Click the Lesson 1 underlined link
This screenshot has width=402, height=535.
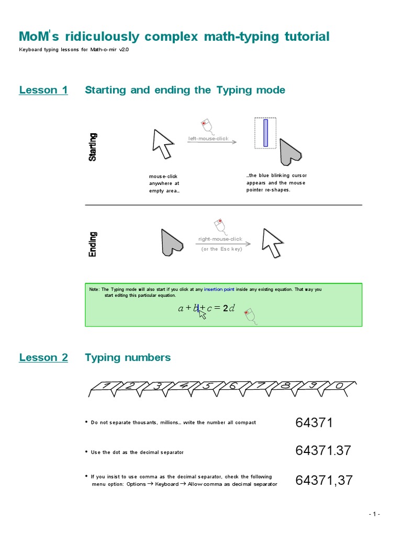coord(43,90)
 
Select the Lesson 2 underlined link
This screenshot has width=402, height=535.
coord(43,357)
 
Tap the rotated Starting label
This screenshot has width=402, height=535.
coord(93,147)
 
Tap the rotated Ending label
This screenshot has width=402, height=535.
coord(93,244)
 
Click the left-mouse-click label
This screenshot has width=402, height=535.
coord(208,138)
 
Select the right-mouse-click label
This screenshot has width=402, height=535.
coord(220,239)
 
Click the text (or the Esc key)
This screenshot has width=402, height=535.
coord(222,249)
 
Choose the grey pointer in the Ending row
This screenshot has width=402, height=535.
coord(172,242)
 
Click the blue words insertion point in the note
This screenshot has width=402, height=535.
coord(219,289)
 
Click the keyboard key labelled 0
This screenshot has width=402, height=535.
coord(339,386)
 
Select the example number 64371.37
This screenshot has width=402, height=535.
coord(323,450)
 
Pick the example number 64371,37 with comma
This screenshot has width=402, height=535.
coord(324,480)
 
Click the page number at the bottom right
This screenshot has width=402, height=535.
coord(374,514)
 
